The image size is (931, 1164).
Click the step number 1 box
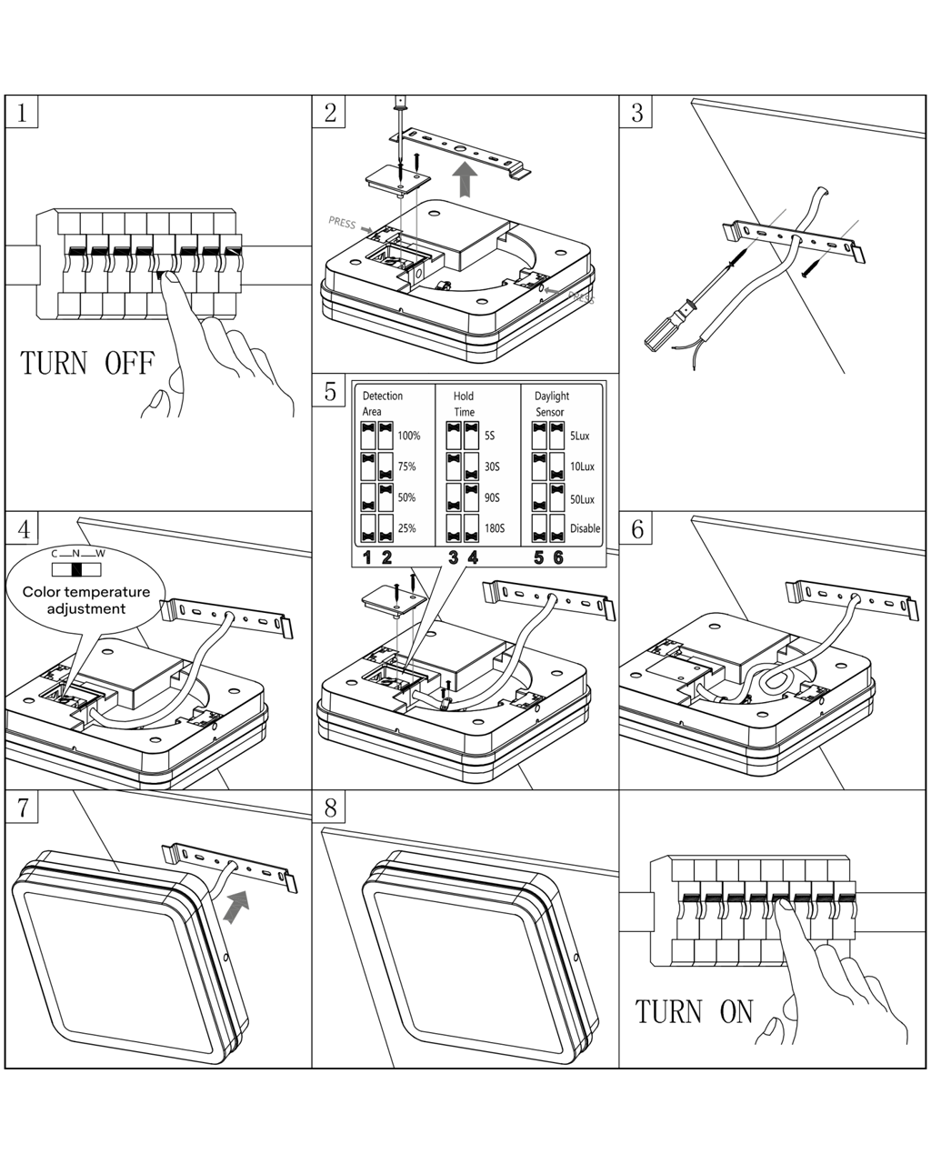22,112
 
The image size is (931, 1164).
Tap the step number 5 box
330,391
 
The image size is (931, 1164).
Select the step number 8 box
330,807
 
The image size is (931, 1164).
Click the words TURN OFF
87,363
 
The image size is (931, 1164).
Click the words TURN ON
695,1010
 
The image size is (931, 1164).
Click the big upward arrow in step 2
465,179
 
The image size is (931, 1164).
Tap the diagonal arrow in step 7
236,906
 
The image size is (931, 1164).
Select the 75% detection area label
406,467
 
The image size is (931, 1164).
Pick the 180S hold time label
495,528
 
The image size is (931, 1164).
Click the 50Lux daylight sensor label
582,498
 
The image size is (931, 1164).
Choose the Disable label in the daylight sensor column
585,528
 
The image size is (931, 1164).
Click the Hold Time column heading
464,404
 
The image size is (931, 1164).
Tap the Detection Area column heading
382,404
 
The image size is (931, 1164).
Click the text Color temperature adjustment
86,600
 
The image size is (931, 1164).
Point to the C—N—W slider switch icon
77,569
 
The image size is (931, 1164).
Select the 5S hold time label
490,436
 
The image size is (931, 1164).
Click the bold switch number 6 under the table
558,557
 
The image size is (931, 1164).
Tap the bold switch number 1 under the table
367,557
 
